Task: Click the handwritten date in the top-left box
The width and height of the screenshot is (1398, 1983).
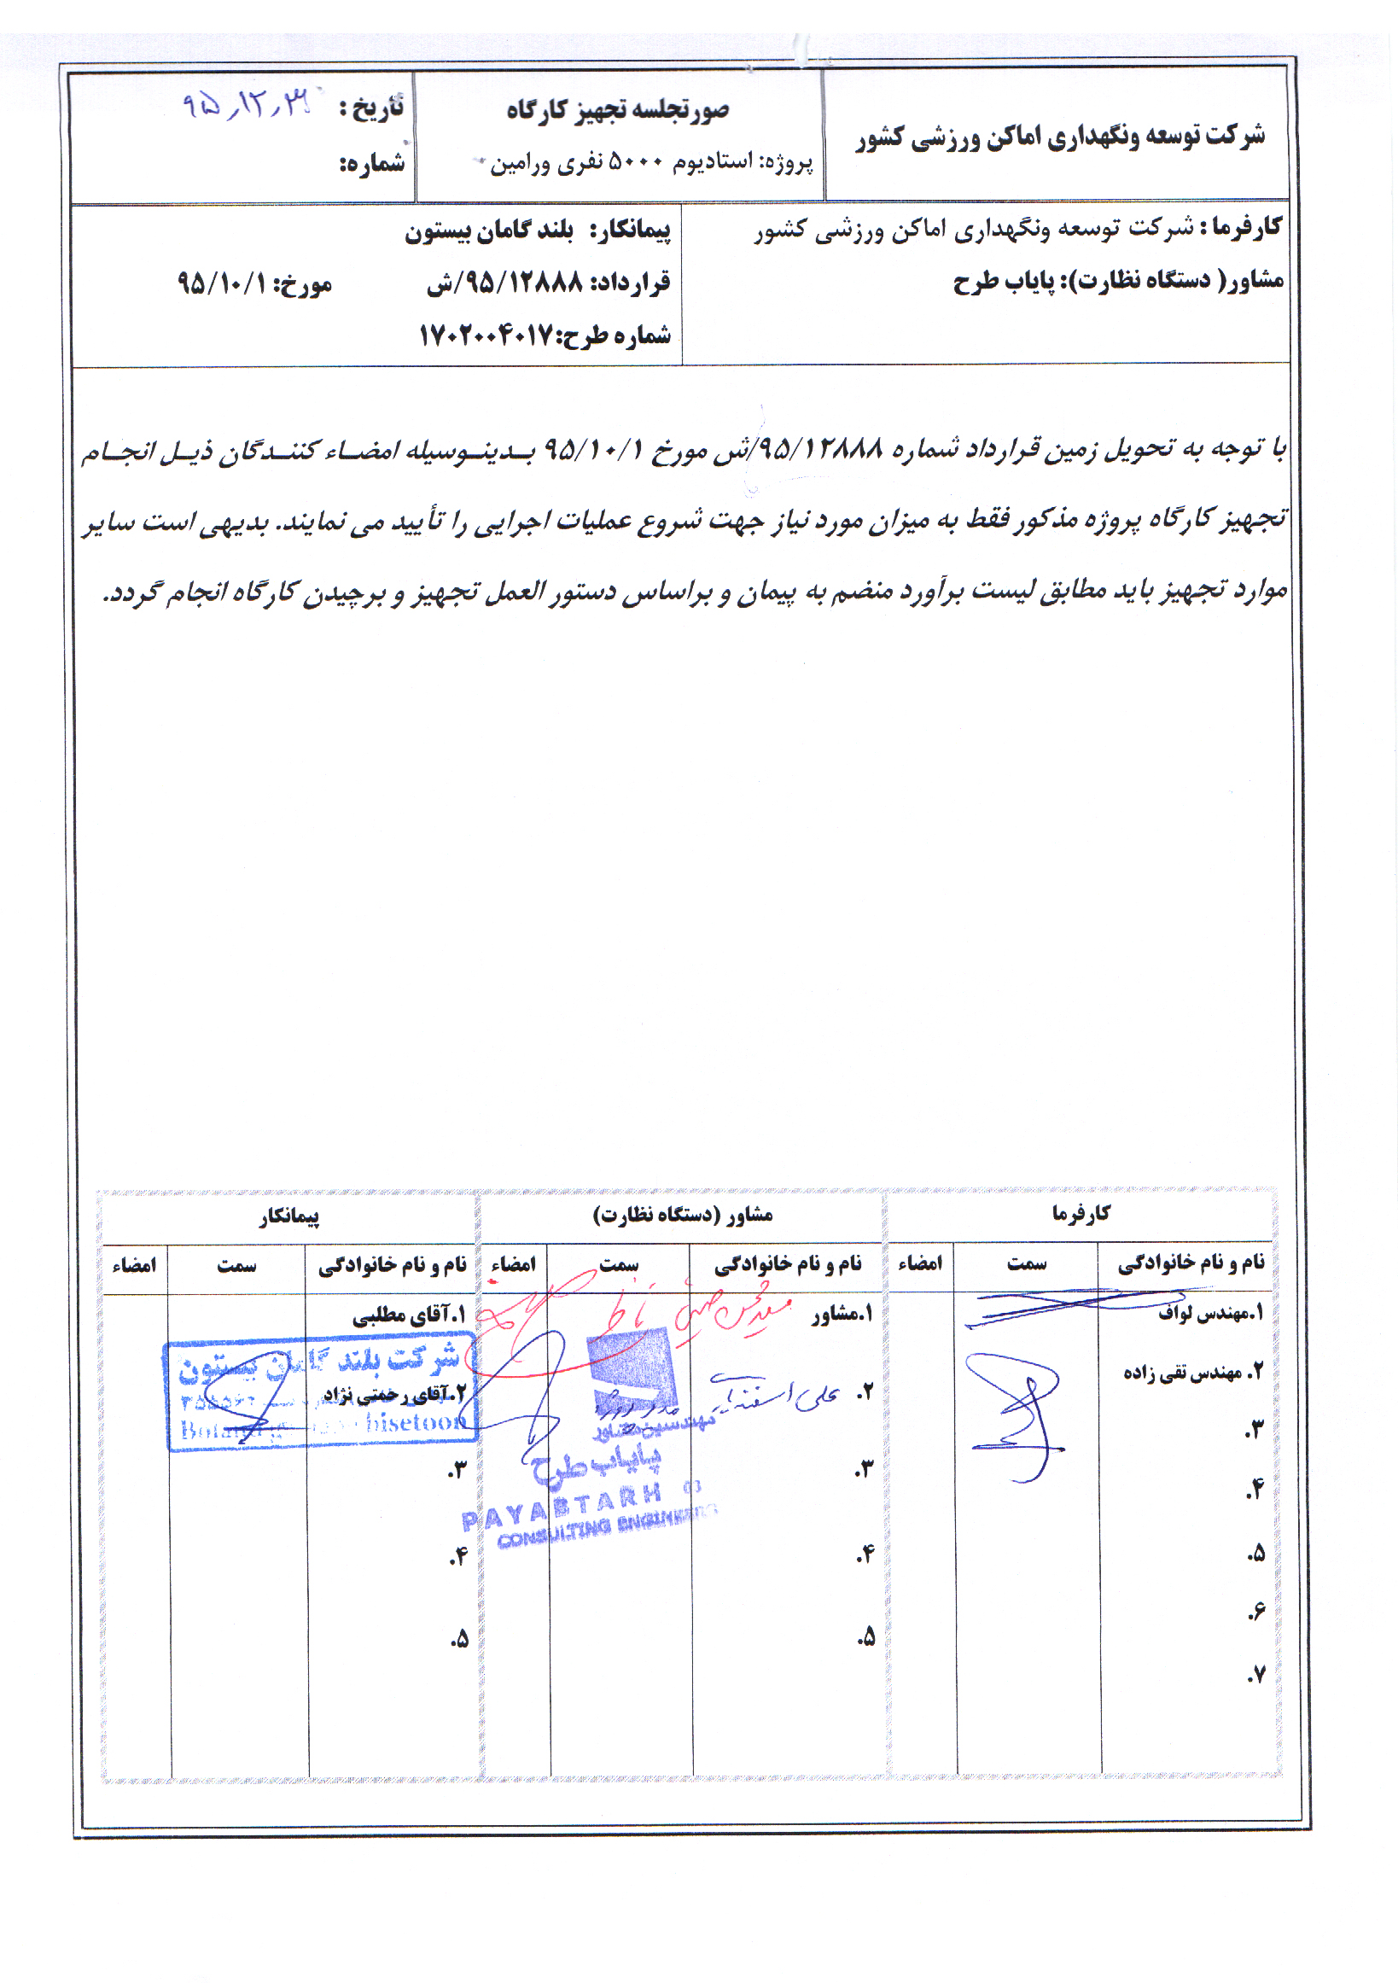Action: pos(245,105)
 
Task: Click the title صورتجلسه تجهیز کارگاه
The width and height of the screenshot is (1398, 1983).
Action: pos(617,111)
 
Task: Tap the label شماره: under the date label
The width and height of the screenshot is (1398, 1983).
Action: pos(371,162)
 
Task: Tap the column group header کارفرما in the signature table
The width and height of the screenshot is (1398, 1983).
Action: pos(1081,1214)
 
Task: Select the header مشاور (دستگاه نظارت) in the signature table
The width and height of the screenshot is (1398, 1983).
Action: pos(682,1216)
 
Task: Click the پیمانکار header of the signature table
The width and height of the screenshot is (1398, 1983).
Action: pos(289,1217)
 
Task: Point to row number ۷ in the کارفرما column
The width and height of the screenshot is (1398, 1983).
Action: pos(1255,1675)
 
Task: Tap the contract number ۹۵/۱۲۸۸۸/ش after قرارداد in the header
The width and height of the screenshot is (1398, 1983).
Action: pos(505,283)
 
